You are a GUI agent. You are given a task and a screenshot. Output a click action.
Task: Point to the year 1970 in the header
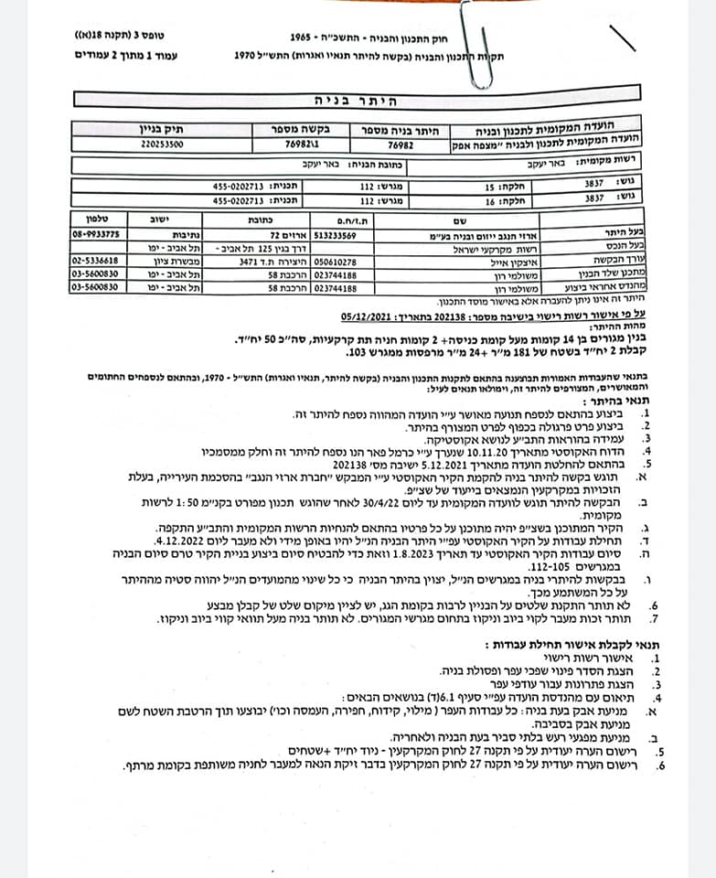pos(242,56)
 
